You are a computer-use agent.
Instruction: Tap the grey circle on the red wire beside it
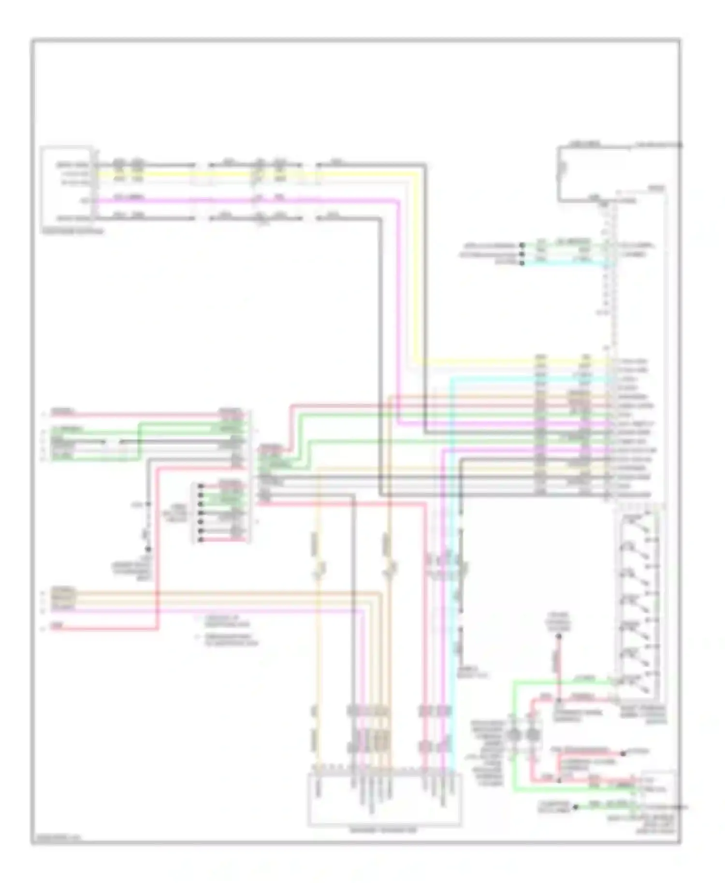(533, 735)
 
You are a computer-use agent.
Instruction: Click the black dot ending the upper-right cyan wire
(522, 263)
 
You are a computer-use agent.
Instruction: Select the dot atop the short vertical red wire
(559, 637)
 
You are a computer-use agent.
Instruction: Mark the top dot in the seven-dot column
(200, 486)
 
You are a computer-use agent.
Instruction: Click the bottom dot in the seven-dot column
(200, 539)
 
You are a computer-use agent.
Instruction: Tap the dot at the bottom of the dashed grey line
(148, 549)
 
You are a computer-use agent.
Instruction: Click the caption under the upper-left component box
(72, 231)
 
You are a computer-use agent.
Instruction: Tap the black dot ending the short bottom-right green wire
(576, 806)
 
